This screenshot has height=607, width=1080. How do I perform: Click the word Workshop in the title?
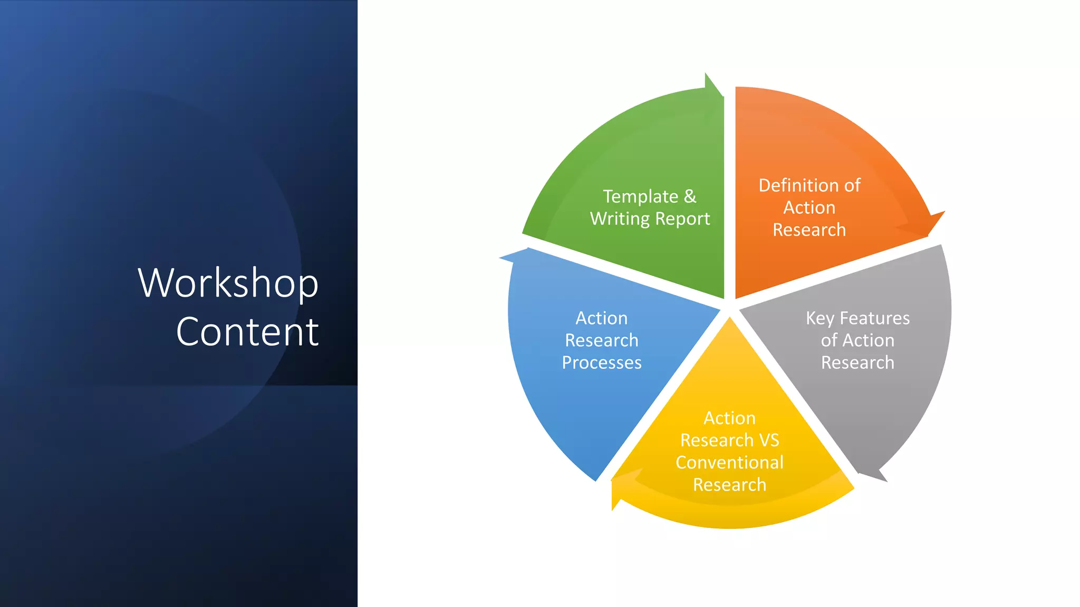228,283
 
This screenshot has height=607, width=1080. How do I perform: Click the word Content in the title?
247,332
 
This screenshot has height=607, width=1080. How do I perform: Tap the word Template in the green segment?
640,197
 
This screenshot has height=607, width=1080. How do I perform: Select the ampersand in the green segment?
690,196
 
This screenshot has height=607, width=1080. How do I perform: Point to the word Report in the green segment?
682,219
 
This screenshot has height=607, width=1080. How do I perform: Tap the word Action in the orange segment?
809,208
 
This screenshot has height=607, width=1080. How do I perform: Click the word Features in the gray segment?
874,318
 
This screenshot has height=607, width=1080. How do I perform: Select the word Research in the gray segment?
857,363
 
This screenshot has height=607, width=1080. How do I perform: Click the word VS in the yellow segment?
769,440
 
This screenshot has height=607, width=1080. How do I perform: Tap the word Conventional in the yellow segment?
729,462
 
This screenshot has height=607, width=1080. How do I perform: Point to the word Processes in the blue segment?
602,363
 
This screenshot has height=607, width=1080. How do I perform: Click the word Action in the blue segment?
602,318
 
